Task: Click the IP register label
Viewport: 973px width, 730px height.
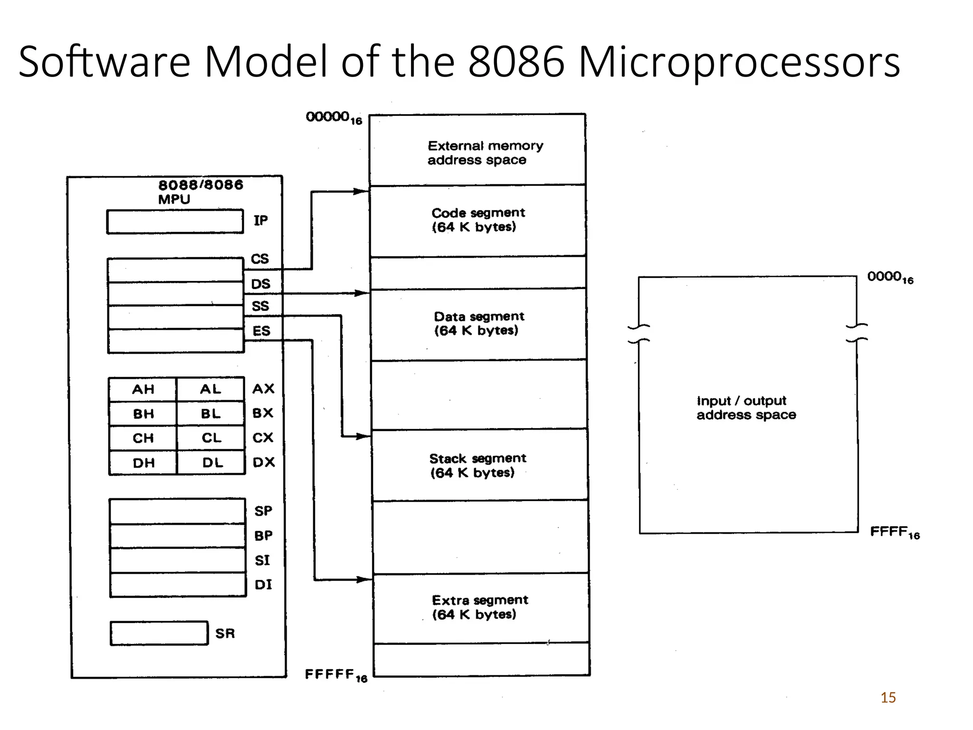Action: pos(260,221)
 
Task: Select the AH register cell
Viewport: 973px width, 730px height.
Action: pos(143,390)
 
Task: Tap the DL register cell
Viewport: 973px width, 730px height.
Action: pos(212,463)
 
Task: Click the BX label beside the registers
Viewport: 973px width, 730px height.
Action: pos(263,413)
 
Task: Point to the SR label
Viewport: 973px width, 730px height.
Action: pos(225,634)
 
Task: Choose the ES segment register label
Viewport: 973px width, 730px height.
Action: pos(261,331)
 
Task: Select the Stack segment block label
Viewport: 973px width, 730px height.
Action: pos(477,465)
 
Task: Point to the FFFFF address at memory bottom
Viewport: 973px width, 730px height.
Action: pos(335,675)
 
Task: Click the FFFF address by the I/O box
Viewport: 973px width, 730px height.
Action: pos(895,532)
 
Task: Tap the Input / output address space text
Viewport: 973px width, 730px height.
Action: pos(746,408)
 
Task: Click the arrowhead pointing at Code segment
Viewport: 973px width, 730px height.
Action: pos(362,192)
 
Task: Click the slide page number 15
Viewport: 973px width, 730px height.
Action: pos(888,698)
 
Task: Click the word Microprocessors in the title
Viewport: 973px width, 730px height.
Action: pos(739,62)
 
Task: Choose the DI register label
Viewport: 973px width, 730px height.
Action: pos(263,585)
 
